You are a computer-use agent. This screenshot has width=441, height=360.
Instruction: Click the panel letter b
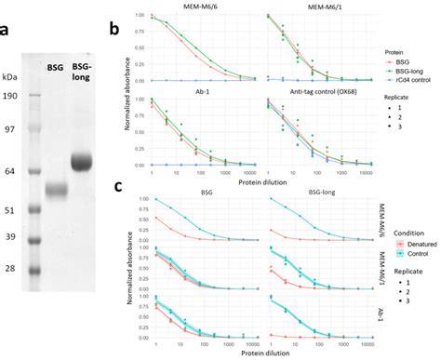click(114, 29)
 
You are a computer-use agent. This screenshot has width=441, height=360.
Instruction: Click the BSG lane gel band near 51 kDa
click(55, 190)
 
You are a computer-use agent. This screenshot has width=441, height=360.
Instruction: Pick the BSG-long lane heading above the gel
click(83, 71)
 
